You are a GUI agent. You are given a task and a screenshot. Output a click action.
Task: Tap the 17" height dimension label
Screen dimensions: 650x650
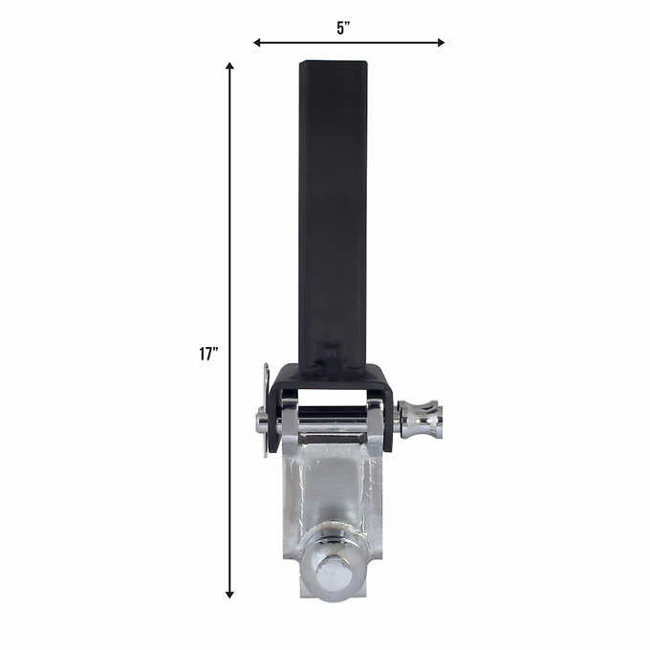coord(208,354)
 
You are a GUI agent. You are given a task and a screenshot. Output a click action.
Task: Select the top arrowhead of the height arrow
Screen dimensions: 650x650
coord(229,67)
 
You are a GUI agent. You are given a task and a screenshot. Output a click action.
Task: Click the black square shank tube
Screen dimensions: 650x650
coord(332,210)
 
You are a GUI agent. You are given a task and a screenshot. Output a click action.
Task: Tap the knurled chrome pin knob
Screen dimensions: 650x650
coord(420,419)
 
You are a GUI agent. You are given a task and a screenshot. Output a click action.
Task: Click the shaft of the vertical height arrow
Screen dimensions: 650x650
coord(229,239)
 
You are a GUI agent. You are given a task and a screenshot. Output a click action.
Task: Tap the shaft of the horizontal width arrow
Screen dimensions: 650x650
coord(382,42)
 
